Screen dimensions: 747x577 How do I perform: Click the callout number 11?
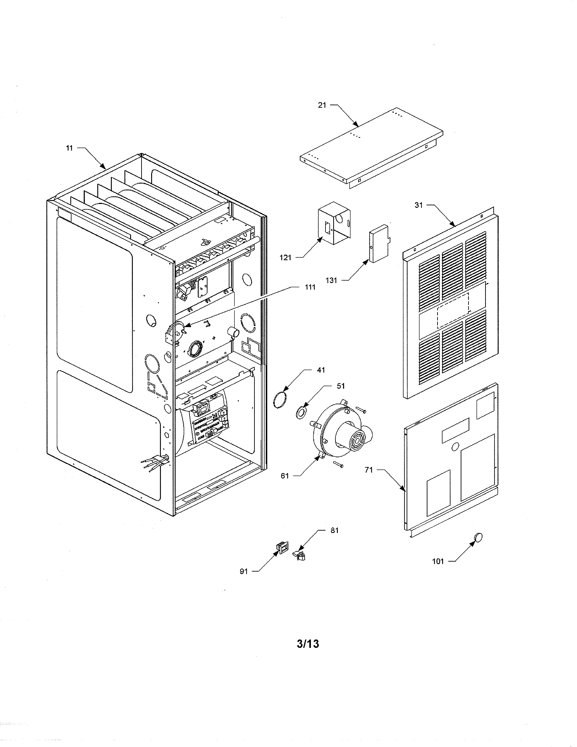[69, 148]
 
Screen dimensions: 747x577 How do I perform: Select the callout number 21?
[322, 105]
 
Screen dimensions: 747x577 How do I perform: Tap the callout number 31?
[418, 205]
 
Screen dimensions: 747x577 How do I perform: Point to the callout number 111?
[310, 287]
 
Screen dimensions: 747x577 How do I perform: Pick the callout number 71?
[368, 470]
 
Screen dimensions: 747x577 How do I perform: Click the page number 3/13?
[308, 644]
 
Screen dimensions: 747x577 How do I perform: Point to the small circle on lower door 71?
[455, 446]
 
